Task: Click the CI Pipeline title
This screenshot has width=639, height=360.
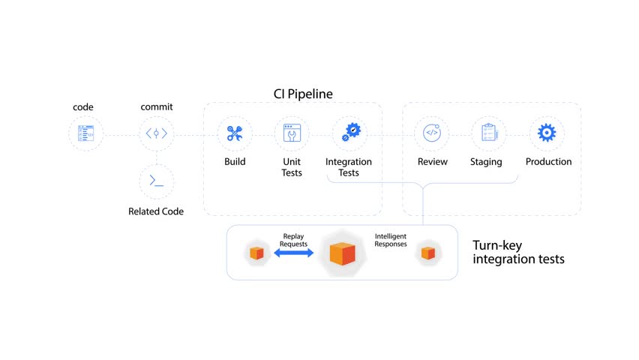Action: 303,94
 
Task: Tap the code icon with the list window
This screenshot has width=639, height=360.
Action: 85,133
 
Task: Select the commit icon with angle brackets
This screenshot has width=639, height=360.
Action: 157,133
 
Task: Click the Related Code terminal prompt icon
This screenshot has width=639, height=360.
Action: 157,181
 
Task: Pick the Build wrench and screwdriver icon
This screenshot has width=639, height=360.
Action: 235,133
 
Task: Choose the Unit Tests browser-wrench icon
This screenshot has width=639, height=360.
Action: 292,133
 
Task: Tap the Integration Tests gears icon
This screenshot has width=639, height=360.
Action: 351,132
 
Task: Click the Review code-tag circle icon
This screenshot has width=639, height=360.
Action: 432,133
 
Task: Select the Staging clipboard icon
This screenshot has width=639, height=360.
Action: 489,133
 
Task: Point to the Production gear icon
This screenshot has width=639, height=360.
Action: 547,133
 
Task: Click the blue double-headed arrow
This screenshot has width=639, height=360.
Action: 294,253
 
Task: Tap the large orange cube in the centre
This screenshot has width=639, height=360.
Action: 342,253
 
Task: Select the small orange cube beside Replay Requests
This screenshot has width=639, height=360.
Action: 256,253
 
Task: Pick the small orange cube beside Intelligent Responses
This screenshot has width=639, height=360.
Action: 428,253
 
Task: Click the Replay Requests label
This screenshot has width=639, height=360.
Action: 293,240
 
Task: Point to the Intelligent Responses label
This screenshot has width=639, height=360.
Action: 391,240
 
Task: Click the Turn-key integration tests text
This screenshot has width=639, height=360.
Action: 518,252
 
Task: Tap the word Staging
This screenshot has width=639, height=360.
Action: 486,162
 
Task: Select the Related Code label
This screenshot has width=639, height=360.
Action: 156,211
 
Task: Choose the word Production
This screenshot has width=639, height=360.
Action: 548,161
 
